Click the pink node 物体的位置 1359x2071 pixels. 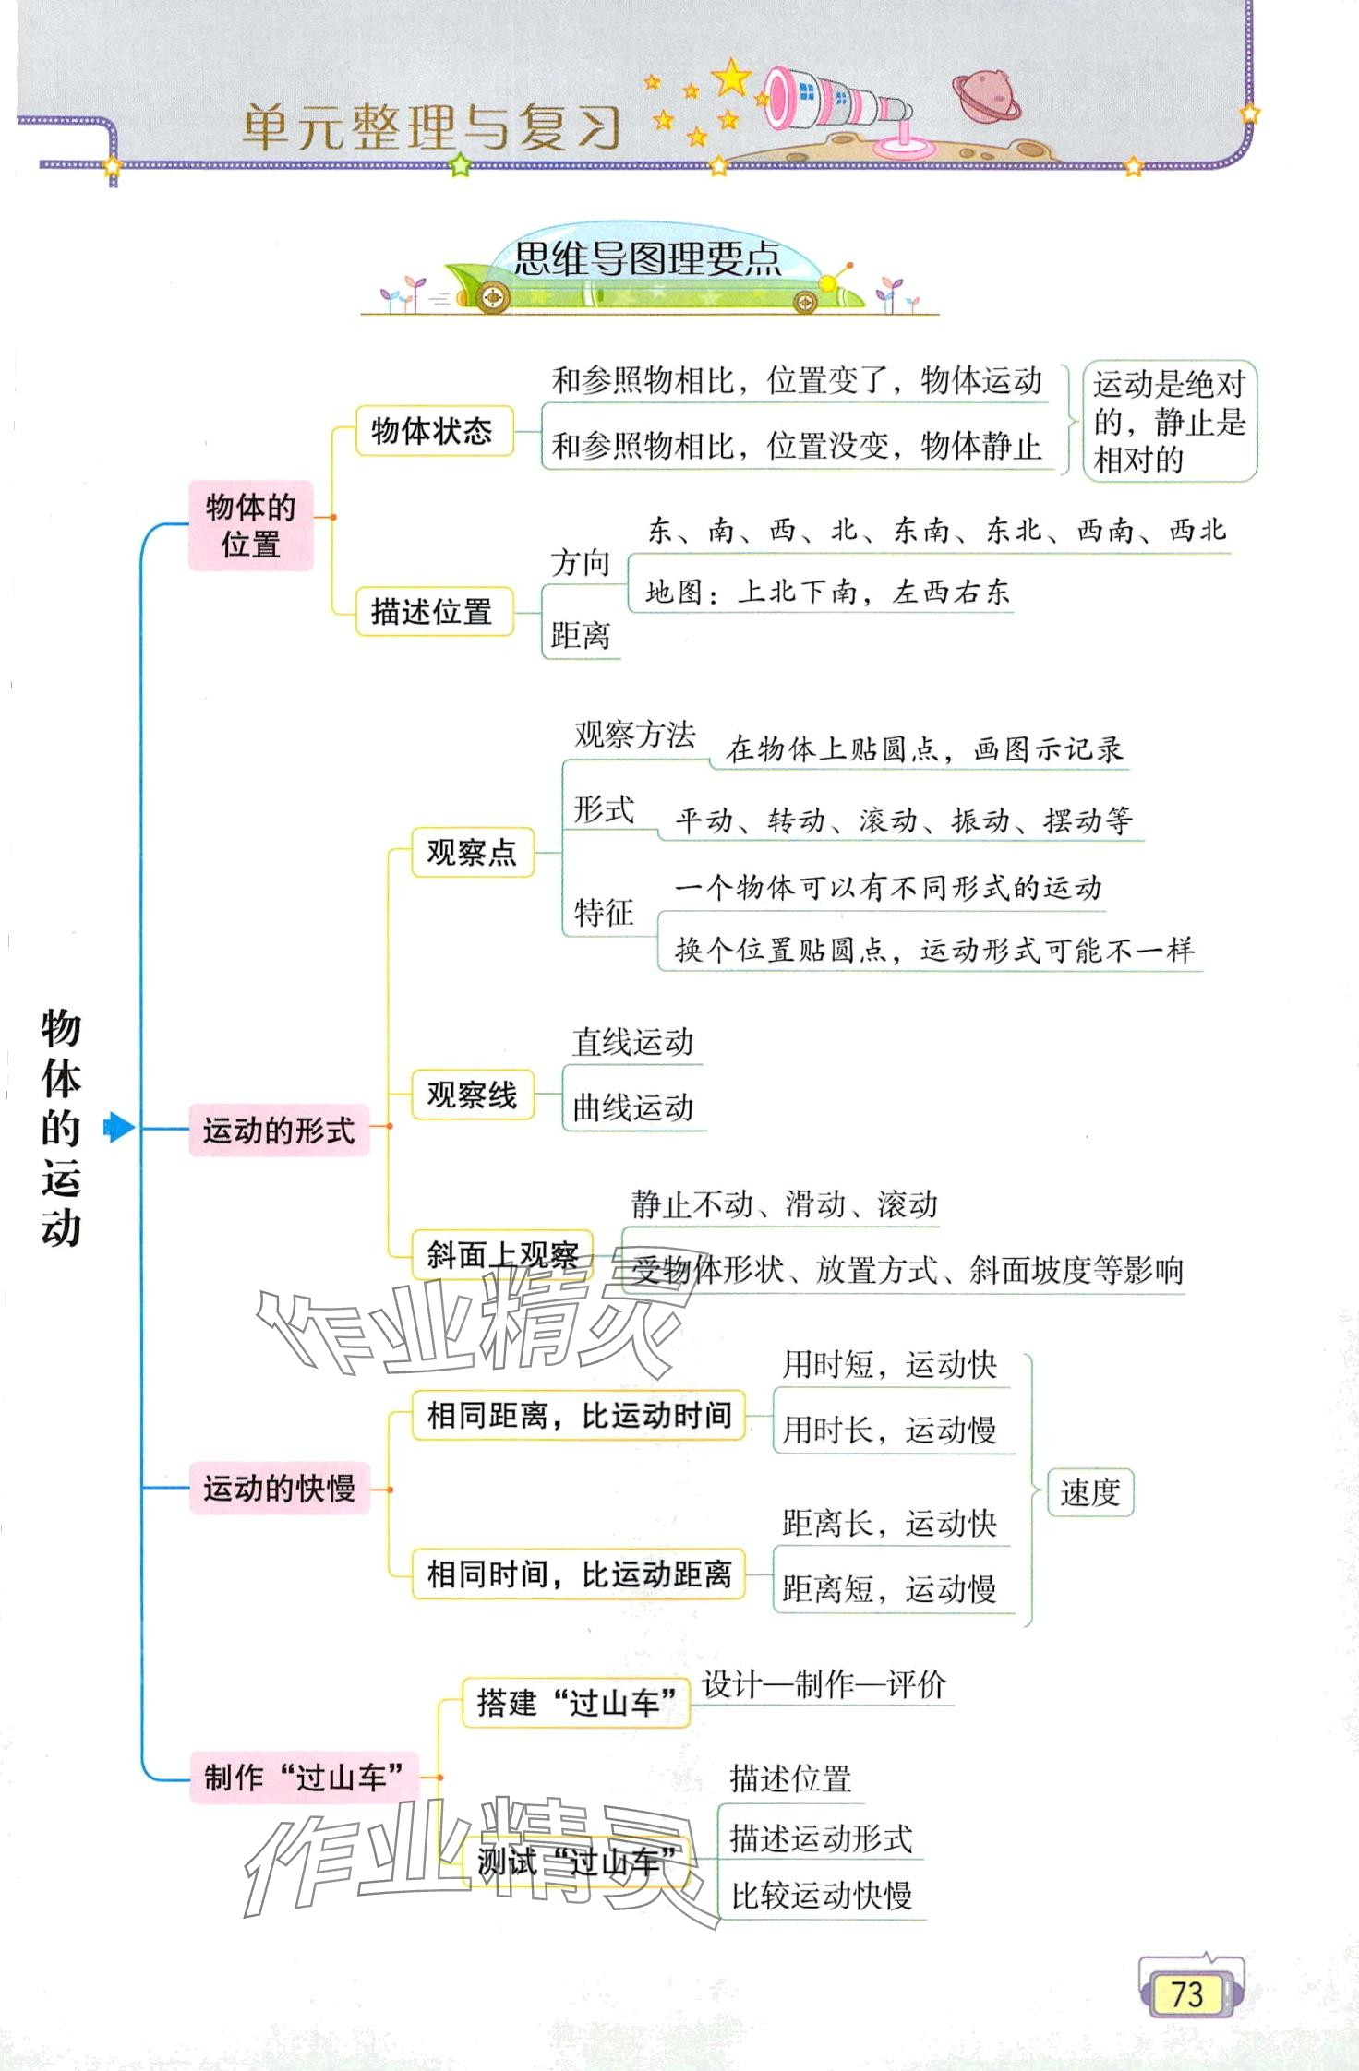coord(250,525)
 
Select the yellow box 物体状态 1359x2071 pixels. coord(433,431)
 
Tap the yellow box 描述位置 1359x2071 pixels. coord(433,611)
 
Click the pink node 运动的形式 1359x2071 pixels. coord(279,1130)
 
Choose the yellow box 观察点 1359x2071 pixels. coord(472,852)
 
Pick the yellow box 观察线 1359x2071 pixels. coord(472,1095)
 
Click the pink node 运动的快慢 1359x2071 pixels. coord(279,1488)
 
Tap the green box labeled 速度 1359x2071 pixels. coord(1089,1492)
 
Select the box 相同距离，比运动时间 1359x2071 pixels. coord(578,1415)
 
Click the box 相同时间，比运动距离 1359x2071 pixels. coord(578,1574)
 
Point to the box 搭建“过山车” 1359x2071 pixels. coord(576,1702)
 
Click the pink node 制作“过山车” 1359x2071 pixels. coord(304,1777)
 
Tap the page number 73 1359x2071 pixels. coord(1188,1994)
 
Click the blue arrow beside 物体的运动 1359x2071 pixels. coord(118,1127)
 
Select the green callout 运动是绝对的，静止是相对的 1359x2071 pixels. coord(1169,421)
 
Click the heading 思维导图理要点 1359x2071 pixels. coord(647,259)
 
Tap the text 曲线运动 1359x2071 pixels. coord(633,1107)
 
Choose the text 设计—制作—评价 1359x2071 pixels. coord(824,1685)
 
